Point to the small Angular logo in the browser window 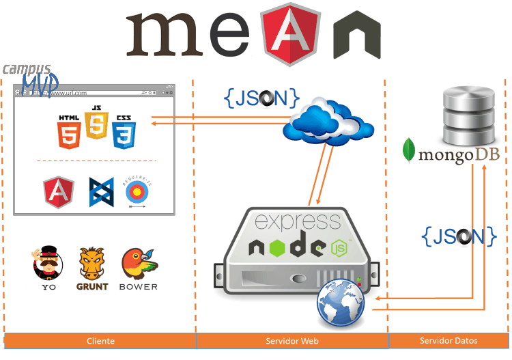click(59, 191)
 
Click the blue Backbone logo click(100, 192)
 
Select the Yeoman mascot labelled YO click(48, 263)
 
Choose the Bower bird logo click(137, 263)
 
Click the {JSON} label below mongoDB click(459, 236)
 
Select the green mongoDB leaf click(410, 152)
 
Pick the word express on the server click(298, 221)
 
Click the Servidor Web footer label click(292, 340)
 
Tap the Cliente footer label click(100, 340)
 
